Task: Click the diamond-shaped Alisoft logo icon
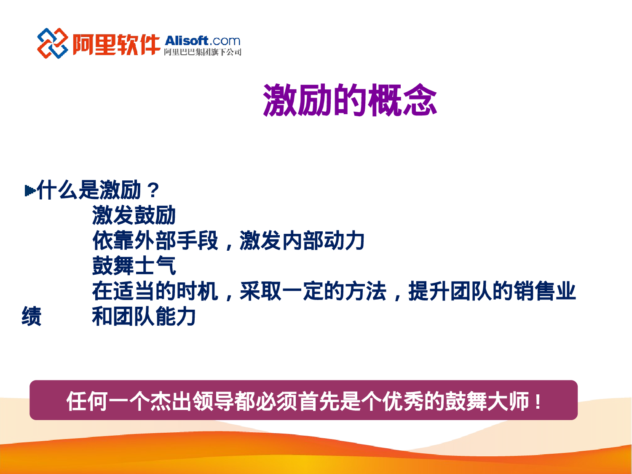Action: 52,43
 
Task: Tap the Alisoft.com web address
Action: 202,41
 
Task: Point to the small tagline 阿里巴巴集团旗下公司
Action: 202,52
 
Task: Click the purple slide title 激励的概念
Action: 350,100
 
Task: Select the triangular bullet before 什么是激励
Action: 30,190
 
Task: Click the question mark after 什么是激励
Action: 153,190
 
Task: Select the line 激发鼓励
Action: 134,215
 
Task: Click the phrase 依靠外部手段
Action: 155,241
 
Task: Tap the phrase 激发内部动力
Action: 302,241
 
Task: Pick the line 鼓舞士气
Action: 134,266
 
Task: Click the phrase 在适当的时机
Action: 155,291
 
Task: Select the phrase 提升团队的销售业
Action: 492,291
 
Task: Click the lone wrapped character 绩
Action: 32,316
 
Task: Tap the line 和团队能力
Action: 144,316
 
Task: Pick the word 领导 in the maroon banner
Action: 213,401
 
